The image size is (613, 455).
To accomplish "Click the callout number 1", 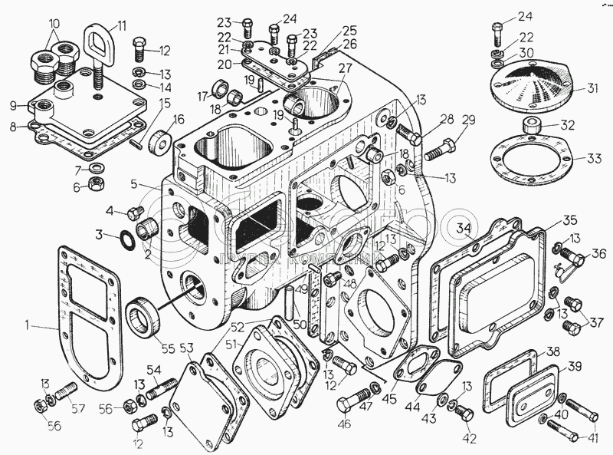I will [28, 326].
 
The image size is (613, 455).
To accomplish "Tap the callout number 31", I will [592, 87].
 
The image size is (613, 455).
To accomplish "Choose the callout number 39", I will [574, 367].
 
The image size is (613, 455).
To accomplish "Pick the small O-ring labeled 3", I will [127, 239].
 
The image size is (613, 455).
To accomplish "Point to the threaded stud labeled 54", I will [159, 389].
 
